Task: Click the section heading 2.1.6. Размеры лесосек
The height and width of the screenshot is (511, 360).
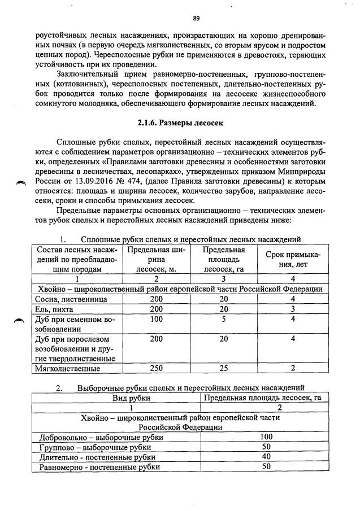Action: [180, 122]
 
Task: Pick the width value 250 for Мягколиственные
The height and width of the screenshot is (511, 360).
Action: [156, 369]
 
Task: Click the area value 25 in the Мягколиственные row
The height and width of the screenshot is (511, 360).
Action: [223, 369]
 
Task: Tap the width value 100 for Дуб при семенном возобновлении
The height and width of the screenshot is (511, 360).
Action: [156, 320]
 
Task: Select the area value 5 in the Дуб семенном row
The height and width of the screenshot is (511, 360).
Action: [223, 320]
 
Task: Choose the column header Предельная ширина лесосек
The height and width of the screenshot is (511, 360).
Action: [156, 259]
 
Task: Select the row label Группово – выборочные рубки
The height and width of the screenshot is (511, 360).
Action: [94, 447]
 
